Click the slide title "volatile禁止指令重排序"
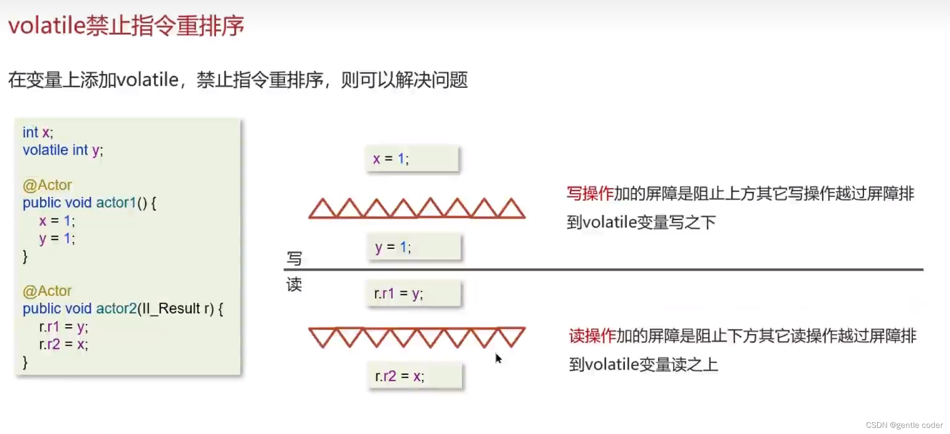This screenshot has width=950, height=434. coord(126,25)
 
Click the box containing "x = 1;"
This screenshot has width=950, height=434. coord(412,159)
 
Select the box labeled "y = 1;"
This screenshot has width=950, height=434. coord(414,247)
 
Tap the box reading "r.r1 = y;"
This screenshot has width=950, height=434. coord(414,294)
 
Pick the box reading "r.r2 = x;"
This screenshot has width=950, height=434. coord(415,376)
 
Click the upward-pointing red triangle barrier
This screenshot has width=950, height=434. coord(417,209)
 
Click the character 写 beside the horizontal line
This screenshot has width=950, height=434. coord(294,258)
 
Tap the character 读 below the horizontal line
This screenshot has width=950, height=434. coord(294,284)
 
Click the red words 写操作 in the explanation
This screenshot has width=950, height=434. coord(590,194)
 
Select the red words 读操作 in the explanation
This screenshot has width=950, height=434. coord(592,336)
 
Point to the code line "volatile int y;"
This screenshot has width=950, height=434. coord(63,150)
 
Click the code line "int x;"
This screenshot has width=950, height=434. coord(38,132)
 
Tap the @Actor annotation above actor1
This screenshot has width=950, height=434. coord(47,185)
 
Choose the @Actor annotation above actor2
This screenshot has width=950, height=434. coord(47,291)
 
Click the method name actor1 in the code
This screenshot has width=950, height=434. coord(116,203)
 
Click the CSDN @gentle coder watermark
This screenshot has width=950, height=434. coord(904,425)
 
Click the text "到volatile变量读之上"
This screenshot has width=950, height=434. coord(644,364)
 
